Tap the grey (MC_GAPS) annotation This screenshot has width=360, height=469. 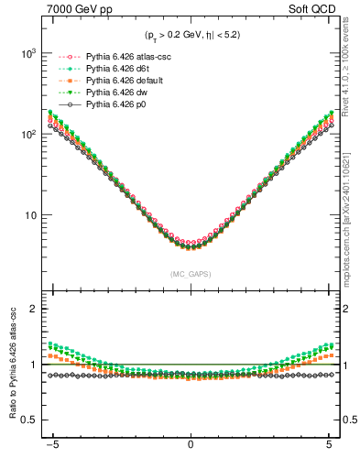pos(191,274)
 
